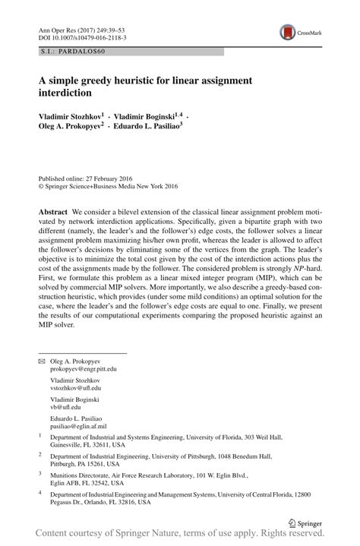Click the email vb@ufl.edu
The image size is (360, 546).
[x=69, y=407]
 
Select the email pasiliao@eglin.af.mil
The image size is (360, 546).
[x=83, y=426]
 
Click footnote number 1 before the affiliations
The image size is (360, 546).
[x=39, y=436]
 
